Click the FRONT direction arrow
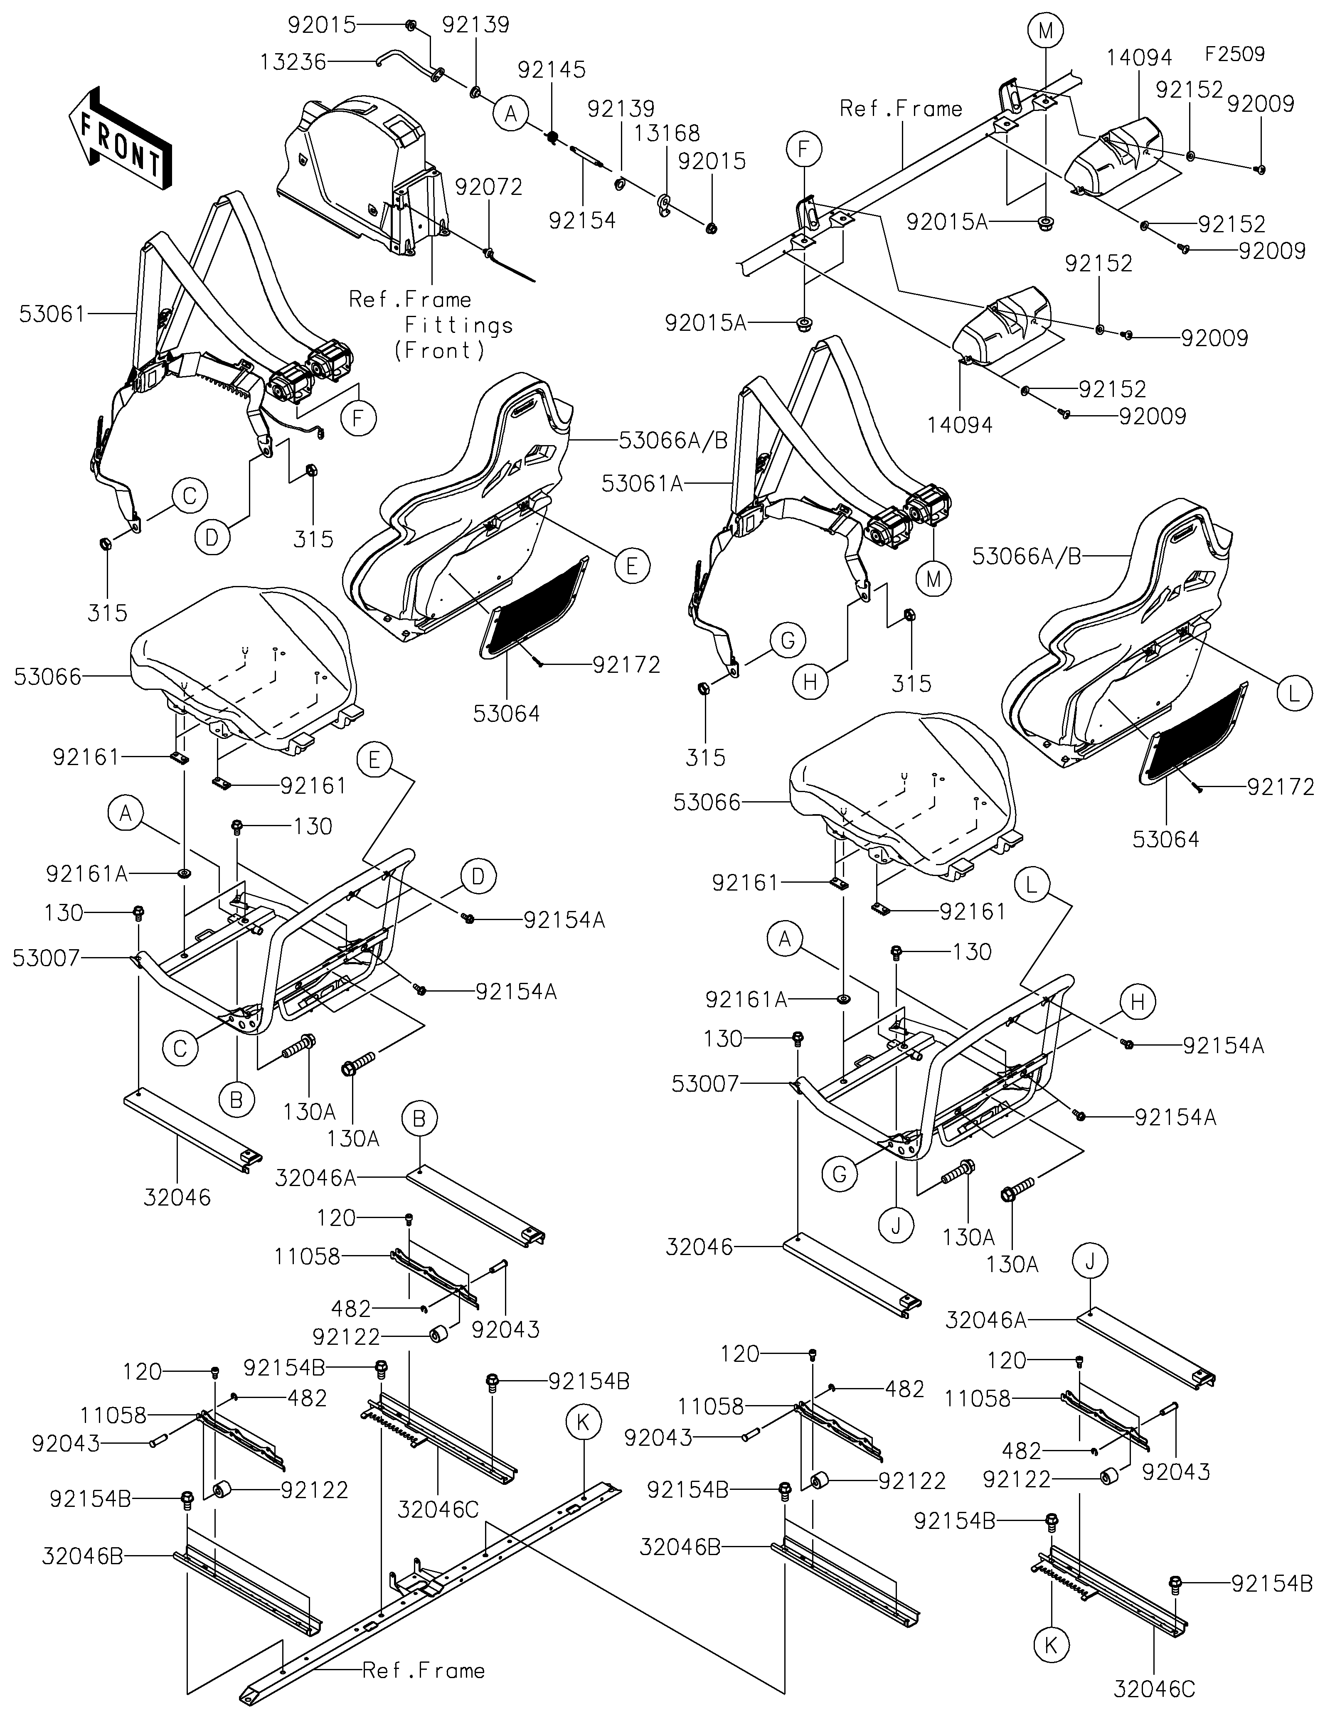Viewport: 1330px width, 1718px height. tap(118, 138)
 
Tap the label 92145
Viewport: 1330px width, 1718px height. tap(552, 70)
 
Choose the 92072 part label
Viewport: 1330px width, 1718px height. tap(488, 187)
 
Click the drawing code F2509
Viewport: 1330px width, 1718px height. tap(1234, 54)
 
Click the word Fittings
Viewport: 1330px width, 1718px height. tap(458, 325)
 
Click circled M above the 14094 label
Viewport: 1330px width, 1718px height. tap(1045, 32)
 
